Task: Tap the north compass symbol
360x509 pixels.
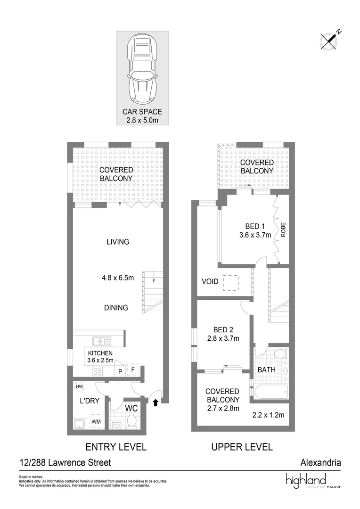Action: (328, 41)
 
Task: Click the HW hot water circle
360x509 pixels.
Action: (79, 386)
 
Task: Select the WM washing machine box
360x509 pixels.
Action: (96, 421)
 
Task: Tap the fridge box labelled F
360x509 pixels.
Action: (133, 371)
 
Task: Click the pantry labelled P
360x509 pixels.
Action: (120, 371)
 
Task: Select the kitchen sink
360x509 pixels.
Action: (102, 341)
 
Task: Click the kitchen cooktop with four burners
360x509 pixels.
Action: (98, 371)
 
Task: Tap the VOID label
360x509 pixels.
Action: (210, 282)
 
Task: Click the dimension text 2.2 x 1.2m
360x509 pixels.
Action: (269, 416)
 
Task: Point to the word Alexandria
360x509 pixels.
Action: (320, 463)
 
